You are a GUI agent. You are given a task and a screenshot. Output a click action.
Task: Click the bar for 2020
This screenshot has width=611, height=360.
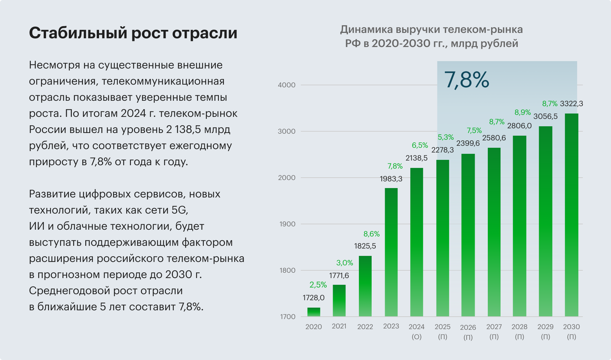click(314, 312)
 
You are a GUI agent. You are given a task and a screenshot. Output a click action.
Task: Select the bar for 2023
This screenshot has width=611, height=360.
click(391, 252)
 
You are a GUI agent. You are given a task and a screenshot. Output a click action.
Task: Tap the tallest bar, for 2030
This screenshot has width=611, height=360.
click(571, 215)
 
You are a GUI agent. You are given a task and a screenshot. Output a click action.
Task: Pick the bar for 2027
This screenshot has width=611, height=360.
click(494, 232)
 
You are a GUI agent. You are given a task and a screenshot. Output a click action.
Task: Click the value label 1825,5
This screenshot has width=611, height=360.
click(365, 246)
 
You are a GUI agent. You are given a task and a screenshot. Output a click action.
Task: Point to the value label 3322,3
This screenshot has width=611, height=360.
click(571, 104)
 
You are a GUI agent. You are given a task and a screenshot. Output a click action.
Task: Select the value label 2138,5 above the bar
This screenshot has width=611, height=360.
click(417, 158)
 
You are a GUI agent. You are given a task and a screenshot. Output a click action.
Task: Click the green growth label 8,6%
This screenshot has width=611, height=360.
click(372, 234)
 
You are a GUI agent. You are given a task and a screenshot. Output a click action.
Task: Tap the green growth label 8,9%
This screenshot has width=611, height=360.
click(523, 113)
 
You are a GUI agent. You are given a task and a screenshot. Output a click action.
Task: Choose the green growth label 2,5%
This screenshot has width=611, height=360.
click(318, 285)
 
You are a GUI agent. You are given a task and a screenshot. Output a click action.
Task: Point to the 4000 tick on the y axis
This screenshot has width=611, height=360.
click(287, 85)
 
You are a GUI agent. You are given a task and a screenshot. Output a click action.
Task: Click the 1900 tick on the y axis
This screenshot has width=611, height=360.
click(287, 224)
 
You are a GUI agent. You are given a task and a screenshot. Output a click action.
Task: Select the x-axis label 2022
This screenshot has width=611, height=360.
click(365, 327)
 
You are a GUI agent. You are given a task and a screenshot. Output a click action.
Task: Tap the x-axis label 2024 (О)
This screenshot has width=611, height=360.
click(417, 331)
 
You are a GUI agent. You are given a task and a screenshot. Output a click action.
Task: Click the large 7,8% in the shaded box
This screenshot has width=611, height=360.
click(467, 80)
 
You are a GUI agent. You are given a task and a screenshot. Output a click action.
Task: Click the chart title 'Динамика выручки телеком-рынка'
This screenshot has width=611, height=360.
click(431, 30)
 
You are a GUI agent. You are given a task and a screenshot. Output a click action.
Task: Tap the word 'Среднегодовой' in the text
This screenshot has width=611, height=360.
click(69, 291)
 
